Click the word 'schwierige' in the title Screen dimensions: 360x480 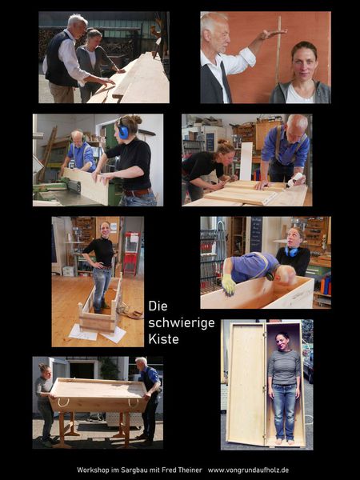pos(182,323)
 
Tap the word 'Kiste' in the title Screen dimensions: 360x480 pos(163,339)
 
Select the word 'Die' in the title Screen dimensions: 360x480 pos(158,306)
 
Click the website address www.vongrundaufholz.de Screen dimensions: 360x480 pos(248,470)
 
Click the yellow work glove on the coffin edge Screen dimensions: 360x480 pos(228,285)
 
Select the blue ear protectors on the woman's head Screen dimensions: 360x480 pos(122,130)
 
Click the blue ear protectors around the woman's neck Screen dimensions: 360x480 pos(291,252)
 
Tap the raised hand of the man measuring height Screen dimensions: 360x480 pos(272,33)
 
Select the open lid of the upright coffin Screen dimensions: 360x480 pos(246,383)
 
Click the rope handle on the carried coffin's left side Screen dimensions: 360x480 pos(63,402)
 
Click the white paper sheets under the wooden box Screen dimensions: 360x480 pos(98,334)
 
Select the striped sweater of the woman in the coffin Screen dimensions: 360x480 pos(284,367)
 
